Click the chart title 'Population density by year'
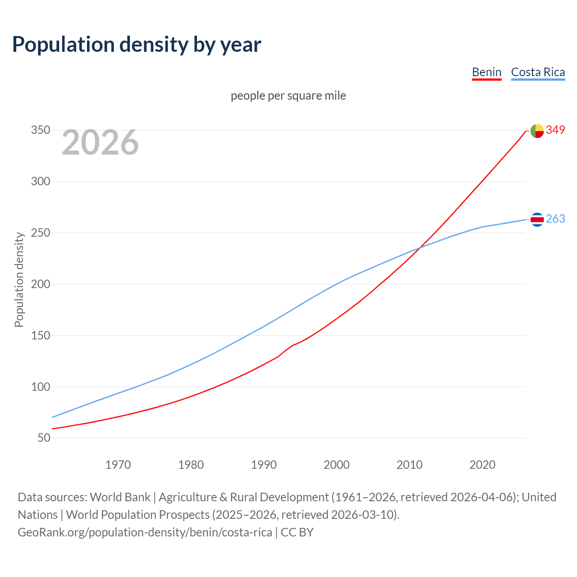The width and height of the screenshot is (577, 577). click(x=137, y=44)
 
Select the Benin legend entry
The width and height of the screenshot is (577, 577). click(x=486, y=72)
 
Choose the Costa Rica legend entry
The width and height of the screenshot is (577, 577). click(x=538, y=72)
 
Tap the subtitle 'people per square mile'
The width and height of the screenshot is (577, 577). click(x=288, y=96)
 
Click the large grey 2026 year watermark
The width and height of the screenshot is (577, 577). click(x=100, y=142)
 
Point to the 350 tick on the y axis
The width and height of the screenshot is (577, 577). click(x=40, y=130)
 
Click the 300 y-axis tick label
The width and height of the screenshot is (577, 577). click(x=40, y=182)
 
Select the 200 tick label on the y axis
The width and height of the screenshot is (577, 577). click(x=40, y=284)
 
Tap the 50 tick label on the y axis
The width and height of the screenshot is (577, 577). click(x=43, y=438)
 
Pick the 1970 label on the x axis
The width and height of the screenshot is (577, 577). click(x=118, y=465)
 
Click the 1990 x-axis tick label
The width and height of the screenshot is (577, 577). click(x=264, y=465)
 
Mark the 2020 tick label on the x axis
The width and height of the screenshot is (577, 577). click(x=482, y=465)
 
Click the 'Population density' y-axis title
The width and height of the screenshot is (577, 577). click(x=19, y=279)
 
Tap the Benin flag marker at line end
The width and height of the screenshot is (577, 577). click(x=537, y=131)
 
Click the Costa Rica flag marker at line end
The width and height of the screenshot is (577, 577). click(x=537, y=220)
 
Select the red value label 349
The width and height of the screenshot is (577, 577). click(x=555, y=130)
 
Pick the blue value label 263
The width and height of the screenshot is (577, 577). click(x=555, y=219)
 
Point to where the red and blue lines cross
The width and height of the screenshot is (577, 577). click(x=420, y=247)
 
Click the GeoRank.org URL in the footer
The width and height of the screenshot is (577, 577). click(x=145, y=532)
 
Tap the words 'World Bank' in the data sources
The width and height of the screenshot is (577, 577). click(x=120, y=497)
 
